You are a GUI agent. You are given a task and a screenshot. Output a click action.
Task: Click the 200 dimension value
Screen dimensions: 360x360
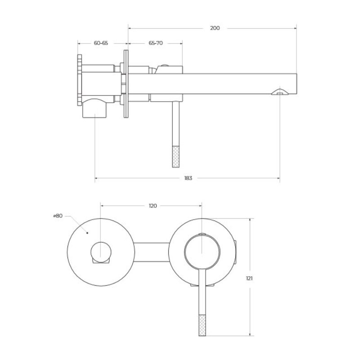215,28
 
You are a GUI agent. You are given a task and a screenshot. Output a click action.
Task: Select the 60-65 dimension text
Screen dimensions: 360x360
101,43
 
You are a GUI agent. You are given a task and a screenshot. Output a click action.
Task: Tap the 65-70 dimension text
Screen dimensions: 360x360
156,43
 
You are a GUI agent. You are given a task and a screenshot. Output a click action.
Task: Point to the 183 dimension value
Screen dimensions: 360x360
188,178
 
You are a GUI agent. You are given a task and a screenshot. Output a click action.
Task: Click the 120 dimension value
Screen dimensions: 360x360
153,206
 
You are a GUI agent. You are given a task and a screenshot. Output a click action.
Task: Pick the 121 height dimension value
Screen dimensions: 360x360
249,279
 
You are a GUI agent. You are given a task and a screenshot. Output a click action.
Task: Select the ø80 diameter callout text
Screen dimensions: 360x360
58,216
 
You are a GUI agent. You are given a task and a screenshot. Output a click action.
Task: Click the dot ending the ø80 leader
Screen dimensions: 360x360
87,233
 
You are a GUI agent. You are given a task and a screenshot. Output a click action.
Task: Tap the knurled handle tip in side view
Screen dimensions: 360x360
175,157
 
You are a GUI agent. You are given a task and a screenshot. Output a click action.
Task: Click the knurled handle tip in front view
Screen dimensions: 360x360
202,325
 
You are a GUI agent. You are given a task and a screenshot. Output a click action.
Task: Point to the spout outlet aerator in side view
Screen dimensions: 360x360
280,92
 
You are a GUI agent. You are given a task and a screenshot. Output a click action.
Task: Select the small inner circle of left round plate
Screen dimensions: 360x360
101,252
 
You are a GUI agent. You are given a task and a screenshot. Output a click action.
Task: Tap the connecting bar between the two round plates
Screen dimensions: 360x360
152,252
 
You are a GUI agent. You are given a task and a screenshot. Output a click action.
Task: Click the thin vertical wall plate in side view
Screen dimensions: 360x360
126,84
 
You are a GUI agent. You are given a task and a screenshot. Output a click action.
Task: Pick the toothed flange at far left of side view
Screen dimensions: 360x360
80,80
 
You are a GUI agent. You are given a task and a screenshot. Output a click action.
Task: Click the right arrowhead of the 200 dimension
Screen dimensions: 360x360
295,28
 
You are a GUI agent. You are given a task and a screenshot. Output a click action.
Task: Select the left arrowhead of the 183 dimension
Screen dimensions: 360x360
97,178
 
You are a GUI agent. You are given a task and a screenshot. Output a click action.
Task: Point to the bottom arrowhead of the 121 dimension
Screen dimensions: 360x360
250,334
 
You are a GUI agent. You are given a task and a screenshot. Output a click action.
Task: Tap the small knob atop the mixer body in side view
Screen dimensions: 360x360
164,65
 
